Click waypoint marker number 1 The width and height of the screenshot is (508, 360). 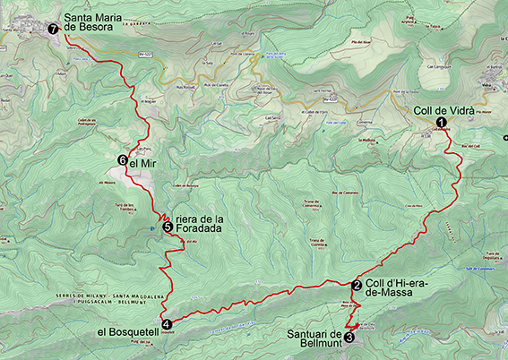pyautogui.click(x=440, y=124)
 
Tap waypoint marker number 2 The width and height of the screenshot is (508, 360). pyautogui.click(x=357, y=287)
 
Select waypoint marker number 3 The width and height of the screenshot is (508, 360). pyautogui.click(x=349, y=338)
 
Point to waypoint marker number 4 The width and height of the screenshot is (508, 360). pyautogui.click(x=167, y=324)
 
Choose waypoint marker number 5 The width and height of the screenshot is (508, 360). pyautogui.click(x=168, y=227)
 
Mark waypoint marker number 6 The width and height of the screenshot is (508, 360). pyautogui.click(x=121, y=160)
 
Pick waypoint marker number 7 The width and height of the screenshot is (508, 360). pyautogui.click(x=53, y=29)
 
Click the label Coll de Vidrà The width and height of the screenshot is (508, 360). pyautogui.click(x=444, y=111)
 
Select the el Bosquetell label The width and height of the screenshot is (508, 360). pyautogui.click(x=127, y=331)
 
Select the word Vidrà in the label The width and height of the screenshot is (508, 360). pyautogui.click(x=461, y=111)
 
